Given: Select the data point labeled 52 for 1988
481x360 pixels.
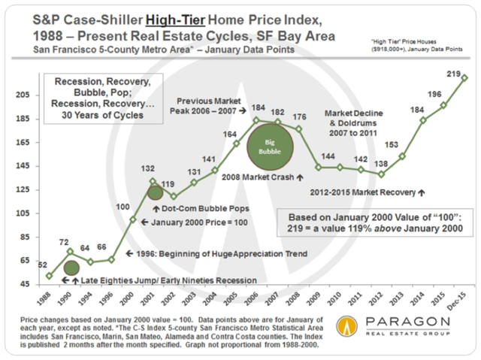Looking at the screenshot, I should pyautogui.click(x=49, y=276).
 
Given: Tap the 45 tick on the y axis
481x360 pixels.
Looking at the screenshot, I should pyautogui.click(x=24, y=284).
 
